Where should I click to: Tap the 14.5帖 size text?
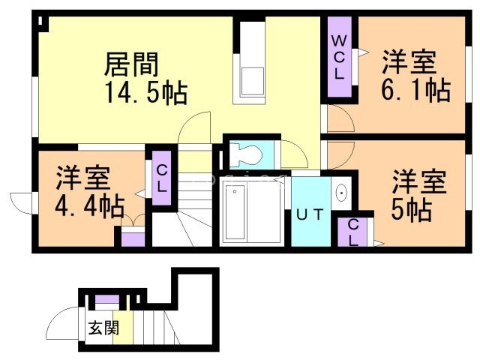(145, 94)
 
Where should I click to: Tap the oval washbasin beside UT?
(342, 193)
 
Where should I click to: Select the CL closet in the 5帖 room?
(352, 232)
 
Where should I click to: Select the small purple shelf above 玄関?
(106, 300)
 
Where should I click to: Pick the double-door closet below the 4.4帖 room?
(133, 237)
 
